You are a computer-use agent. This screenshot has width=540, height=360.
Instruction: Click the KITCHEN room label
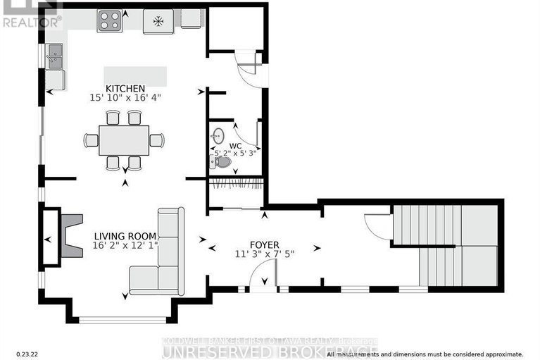[x=125, y=88]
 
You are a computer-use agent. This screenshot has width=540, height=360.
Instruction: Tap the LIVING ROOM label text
[x=123, y=237]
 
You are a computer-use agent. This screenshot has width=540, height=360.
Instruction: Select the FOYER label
[x=264, y=244]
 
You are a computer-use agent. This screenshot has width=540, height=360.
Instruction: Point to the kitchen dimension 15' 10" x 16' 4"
[x=125, y=98]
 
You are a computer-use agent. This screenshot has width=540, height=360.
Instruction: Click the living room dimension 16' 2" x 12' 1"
[x=123, y=247]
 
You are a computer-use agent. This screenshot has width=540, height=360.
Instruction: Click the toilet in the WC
[x=221, y=162]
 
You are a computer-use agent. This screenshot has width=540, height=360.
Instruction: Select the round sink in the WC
[x=218, y=134]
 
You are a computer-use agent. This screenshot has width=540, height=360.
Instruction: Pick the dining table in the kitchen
[x=124, y=140]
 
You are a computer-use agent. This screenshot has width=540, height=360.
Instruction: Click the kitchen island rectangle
[x=136, y=75]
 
